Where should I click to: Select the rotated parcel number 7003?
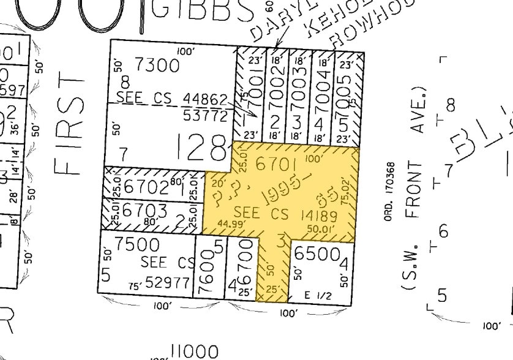(300, 88)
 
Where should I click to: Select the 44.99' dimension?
(226, 223)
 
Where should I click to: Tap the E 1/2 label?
(318, 295)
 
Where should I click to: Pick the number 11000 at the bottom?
(194, 351)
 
